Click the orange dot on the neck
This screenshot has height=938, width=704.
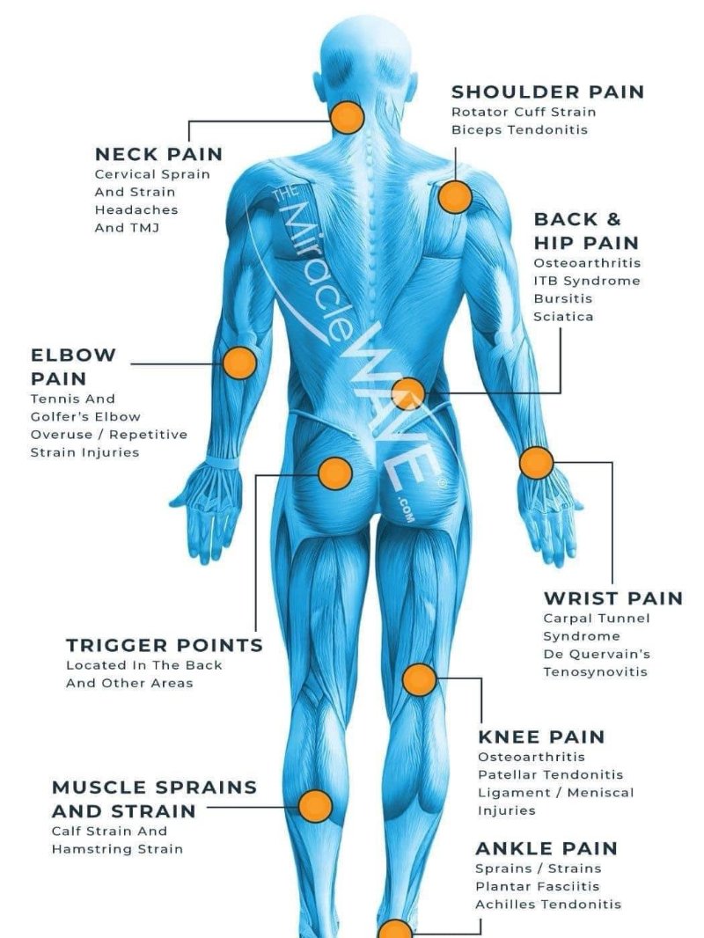(x=348, y=117)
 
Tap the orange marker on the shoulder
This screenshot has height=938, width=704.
(x=455, y=197)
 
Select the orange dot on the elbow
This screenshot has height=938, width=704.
(x=238, y=363)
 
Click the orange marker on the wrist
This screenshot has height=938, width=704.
(x=536, y=462)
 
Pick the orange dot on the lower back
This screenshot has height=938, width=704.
(x=407, y=393)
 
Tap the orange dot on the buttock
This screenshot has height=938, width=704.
(x=334, y=473)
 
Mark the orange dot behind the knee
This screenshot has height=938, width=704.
(x=419, y=679)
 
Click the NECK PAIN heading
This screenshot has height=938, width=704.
(x=158, y=154)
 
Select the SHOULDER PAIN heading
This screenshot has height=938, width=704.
(x=547, y=92)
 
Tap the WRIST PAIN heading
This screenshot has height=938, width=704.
(x=612, y=598)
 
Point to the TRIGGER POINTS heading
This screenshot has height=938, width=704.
(x=165, y=645)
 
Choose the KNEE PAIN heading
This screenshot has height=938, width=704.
(x=541, y=736)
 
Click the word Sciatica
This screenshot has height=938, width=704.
(x=563, y=316)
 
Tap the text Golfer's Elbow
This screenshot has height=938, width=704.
(x=85, y=416)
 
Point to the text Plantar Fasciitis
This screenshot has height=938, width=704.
(x=537, y=886)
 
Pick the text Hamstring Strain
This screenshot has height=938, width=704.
(x=117, y=849)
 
